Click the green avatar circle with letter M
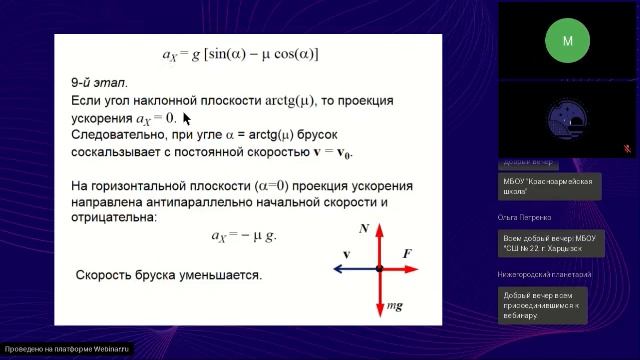pos(568,41)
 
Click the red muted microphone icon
pos(627,148)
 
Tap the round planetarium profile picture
pos(568,119)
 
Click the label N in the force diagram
pos(364,230)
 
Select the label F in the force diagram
pos(407,255)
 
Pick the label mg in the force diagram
pos(396,305)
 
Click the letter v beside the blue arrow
pos(346,255)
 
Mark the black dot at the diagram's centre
pos(379,269)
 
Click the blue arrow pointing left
pos(353,269)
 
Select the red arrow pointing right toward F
pos(400,269)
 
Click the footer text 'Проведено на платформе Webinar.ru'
pos(67,350)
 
